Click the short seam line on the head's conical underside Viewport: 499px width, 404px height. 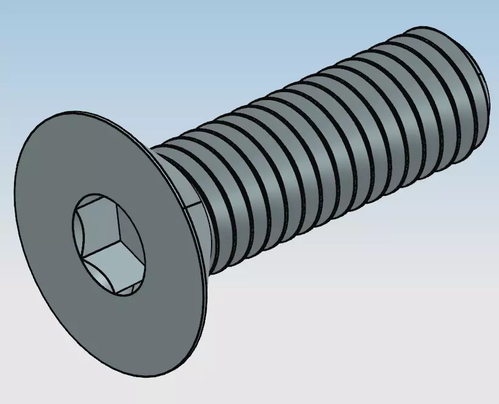point(195,204)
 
